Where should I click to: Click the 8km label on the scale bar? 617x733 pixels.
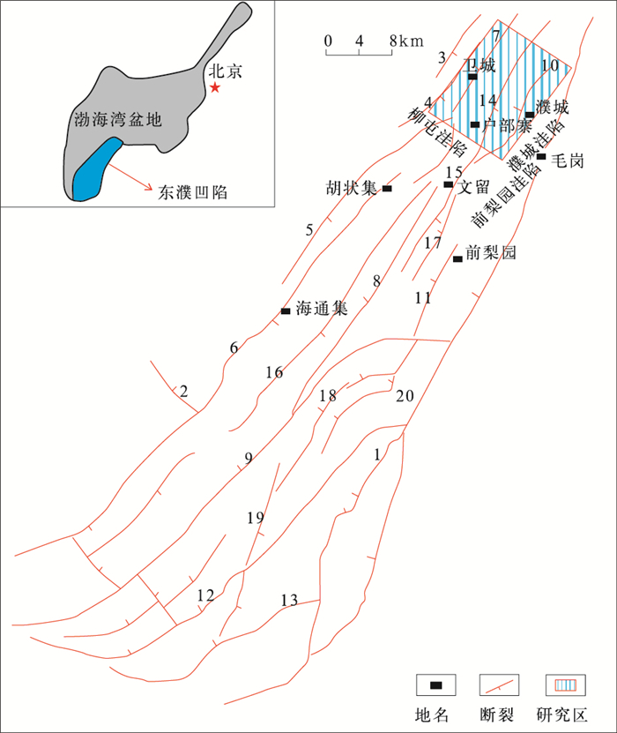click(x=405, y=41)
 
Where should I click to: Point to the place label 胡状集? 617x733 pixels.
click(x=352, y=189)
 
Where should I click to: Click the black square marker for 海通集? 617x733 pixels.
click(x=286, y=310)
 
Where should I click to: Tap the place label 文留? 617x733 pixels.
click(x=473, y=186)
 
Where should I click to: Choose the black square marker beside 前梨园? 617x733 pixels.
click(x=457, y=258)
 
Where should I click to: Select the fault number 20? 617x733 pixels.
click(x=405, y=394)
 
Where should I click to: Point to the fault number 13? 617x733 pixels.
click(x=289, y=601)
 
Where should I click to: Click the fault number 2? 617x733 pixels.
click(x=184, y=390)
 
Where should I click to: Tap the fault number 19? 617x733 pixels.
click(x=255, y=518)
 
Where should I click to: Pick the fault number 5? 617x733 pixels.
click(x=309, y=230)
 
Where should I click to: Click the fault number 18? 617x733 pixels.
click(x=328, y=396)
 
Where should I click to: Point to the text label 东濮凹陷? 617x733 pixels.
click(x=191, y=191)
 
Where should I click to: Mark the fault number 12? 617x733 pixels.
click(x=205, y=596)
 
